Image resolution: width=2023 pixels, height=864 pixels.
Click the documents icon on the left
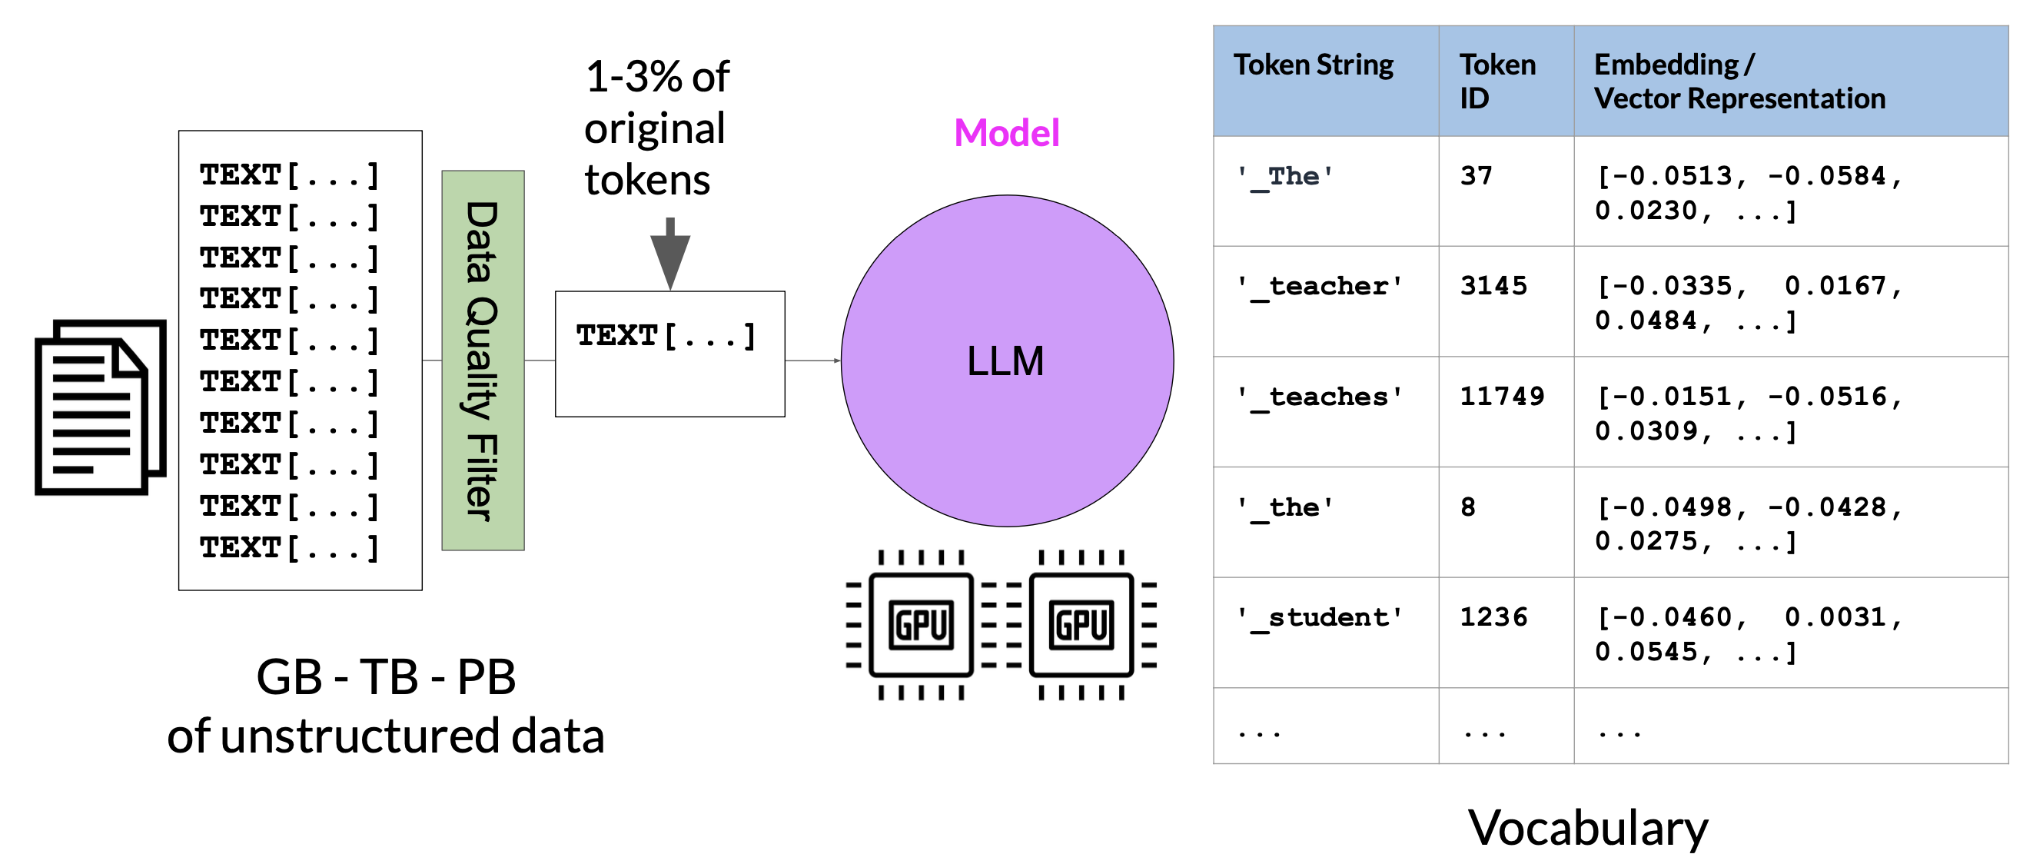pos(100,407)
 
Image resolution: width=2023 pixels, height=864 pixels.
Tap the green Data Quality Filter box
pos(483,361)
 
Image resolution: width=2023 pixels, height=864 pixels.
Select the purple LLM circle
pos(1007,361)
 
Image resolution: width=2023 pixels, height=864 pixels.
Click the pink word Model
pos(1007,133)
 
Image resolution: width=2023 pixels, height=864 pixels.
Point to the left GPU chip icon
pos(920,625)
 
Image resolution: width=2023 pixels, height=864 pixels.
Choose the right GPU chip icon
pos(1081,625)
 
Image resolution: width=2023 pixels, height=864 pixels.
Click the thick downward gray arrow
pos(670,254)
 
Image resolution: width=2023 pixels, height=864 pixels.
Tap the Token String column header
pos(1313,65)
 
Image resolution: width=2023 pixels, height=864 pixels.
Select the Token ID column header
pos(1496,81)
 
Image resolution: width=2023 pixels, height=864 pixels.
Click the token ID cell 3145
pos(1493,286)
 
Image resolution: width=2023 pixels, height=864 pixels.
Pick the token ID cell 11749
pos(1502,396)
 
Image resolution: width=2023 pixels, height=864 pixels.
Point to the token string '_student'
pos(1320,617)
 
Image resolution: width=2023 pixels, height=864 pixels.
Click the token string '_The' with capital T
pos(1286,176)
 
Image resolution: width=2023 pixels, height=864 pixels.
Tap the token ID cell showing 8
pos(1468,507)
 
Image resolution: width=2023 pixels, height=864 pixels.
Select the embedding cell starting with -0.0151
pos(1748,413)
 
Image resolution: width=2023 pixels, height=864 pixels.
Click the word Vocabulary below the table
pos(1588,828)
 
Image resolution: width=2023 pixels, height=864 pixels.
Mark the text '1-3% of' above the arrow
pos(657,77)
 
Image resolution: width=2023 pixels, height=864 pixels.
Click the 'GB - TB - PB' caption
pos(386,676)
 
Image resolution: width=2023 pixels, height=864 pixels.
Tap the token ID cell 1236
pos(1493,617)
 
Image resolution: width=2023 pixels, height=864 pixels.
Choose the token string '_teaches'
pos(1320,397)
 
